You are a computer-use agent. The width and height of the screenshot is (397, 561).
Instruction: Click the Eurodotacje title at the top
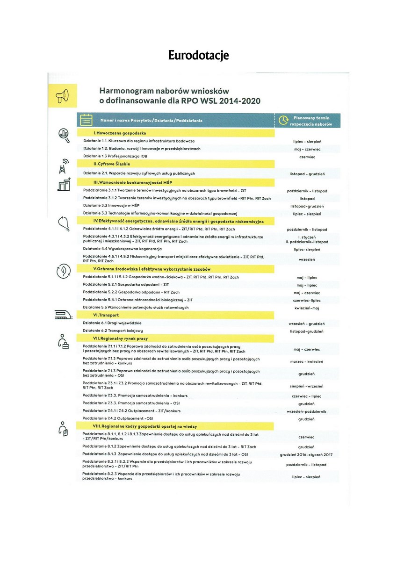pyautogui.click(x=198, y=56)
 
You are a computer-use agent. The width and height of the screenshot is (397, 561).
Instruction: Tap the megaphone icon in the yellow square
pyautogui.click(x=62, y=96)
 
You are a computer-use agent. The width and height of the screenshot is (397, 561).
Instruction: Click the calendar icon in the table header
pyautogui.click(x=86, y=120)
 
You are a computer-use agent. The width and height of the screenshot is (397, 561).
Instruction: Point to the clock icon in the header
pyautogui.click(x=283, y=121)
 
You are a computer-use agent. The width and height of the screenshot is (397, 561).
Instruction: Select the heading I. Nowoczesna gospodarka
pyautogui.click(x=114, y=133)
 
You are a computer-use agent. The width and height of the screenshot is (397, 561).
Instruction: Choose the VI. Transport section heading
pyautogui.click(x=106, y=315)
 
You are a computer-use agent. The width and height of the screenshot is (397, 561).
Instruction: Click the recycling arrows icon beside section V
pyautogui.click(x=63, y=271)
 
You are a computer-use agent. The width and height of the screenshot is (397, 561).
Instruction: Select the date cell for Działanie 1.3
pyautogui.click(x=307, y=157)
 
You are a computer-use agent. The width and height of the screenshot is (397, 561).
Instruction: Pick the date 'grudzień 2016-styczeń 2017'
pyautogui.click(x=306, y=454)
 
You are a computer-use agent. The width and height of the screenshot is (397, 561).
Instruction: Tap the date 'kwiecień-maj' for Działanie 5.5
pyautogui.click(x=307, y=308)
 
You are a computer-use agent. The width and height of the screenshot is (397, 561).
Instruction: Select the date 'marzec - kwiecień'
pyautogui.click(x=307, y=361)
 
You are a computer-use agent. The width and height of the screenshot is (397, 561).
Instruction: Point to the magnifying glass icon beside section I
pyautogui.click(x=63, y=134)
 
